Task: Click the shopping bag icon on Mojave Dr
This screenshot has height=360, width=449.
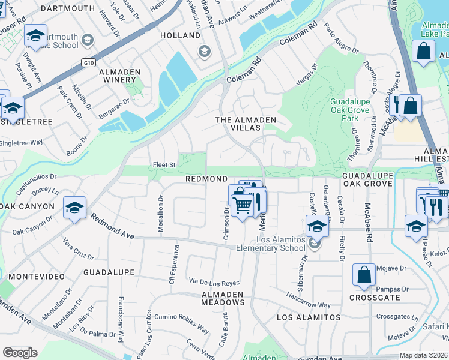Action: point(364,275)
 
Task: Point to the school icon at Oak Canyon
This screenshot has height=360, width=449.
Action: point(74,208)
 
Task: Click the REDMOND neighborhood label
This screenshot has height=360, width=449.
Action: point(206,179)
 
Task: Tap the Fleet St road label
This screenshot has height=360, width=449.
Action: point(164,164)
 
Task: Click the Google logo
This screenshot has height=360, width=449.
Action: point(20,352)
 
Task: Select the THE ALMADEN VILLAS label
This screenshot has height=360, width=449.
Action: point(246,124)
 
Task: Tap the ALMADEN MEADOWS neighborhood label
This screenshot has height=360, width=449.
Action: point(223,298)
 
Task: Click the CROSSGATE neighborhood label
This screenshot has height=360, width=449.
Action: point(370,298)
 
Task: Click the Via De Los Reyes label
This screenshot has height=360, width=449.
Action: point(214,282)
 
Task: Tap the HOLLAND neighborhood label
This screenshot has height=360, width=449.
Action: point(180,35)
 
